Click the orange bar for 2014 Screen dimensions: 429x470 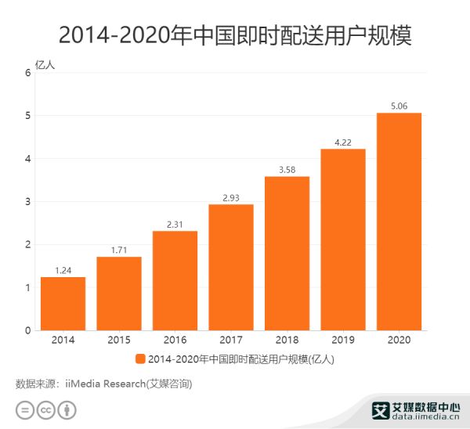click(x=63, y=304)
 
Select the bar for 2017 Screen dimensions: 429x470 click(x=231, y=267)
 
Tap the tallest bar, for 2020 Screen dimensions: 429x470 click(x=399, y=222)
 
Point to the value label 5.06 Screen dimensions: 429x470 click(x=399, y=106)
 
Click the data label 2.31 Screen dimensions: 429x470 click(x=175, y=224)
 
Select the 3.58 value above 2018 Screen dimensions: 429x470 click(x=287, y=169)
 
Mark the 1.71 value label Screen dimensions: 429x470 click(x=119, y=250)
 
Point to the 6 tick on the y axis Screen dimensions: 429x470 click(x=27, y=73)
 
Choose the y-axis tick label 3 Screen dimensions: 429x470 click(x=27, y=202)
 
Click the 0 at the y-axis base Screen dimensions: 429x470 click(x=27, y=331)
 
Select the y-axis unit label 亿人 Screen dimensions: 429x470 click(x=45, y=64)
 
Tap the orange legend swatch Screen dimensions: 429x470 click(x=140, y=359)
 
